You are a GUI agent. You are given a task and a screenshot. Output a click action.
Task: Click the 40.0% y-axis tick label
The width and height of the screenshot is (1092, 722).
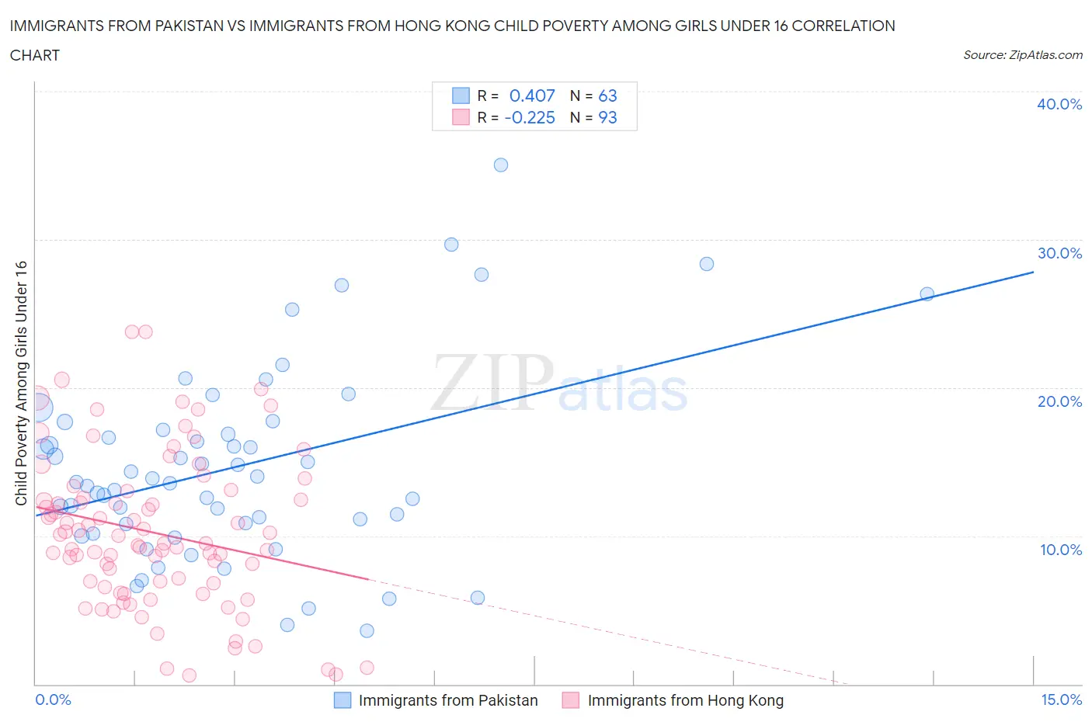[1059, 104]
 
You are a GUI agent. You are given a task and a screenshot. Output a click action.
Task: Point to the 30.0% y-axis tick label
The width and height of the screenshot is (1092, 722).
[1059, 253]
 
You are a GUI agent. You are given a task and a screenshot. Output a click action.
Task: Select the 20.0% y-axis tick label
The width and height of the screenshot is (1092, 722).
[1059, 401]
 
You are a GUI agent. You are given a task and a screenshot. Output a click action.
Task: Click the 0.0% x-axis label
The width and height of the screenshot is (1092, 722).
[53, 699]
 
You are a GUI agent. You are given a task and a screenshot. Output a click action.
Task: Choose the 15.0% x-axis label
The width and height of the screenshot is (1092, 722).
[1061, 699]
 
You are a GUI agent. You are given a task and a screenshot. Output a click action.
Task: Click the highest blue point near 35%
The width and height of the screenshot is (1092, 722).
[501, 165]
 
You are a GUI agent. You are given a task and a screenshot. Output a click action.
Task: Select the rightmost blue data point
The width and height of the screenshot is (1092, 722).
[927, 293]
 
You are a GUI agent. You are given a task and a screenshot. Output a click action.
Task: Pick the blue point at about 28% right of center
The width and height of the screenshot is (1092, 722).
[707, 264]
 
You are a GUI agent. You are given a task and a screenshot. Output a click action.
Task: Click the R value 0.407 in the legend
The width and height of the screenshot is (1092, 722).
[532, 95]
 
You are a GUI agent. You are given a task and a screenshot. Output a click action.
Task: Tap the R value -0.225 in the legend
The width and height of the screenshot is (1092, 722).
[530, 117]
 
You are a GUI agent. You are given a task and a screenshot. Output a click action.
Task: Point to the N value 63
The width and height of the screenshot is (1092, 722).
[607, 95]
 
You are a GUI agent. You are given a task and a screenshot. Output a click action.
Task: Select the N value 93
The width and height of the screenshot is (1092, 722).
[607, 117]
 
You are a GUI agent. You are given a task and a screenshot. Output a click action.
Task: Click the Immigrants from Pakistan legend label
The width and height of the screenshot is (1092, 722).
[448, 700]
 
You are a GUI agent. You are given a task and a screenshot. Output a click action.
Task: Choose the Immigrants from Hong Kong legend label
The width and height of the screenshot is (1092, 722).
[685, 700]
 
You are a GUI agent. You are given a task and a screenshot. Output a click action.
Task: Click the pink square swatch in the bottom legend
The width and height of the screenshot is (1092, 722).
[571, 700]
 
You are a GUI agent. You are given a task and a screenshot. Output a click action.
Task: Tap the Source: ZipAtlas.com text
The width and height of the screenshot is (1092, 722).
[1022, 54]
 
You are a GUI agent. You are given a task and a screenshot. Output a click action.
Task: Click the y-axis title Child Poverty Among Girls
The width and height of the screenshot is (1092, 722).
[22, 383]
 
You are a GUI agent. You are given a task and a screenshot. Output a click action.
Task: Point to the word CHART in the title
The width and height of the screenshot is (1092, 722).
[35, 55]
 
